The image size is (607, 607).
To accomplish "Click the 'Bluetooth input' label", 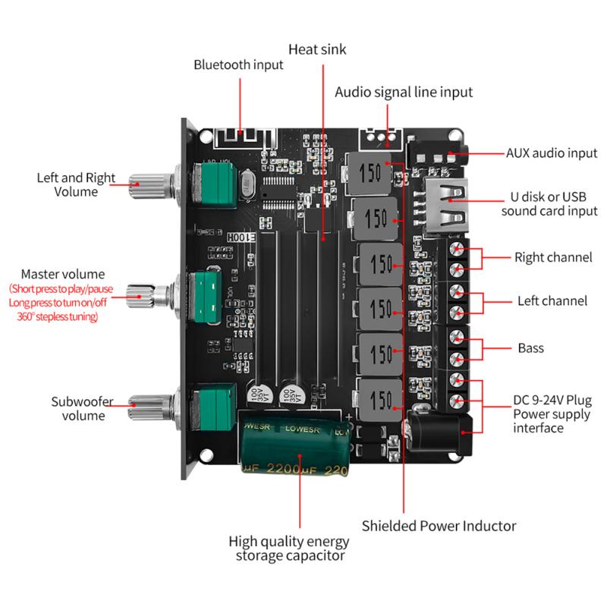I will (238, 65).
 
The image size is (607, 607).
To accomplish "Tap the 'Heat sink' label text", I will (316, 50).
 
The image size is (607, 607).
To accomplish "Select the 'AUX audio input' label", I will (552, 153).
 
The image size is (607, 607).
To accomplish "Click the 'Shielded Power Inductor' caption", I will (439, 525).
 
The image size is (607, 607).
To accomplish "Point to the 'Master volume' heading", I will (63, 274).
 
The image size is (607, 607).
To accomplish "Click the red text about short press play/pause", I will (63, 290).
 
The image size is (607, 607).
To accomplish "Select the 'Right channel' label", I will (552, 257).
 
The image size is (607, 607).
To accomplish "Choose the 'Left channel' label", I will (552, 301).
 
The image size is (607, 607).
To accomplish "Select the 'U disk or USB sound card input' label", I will (549, 203).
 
